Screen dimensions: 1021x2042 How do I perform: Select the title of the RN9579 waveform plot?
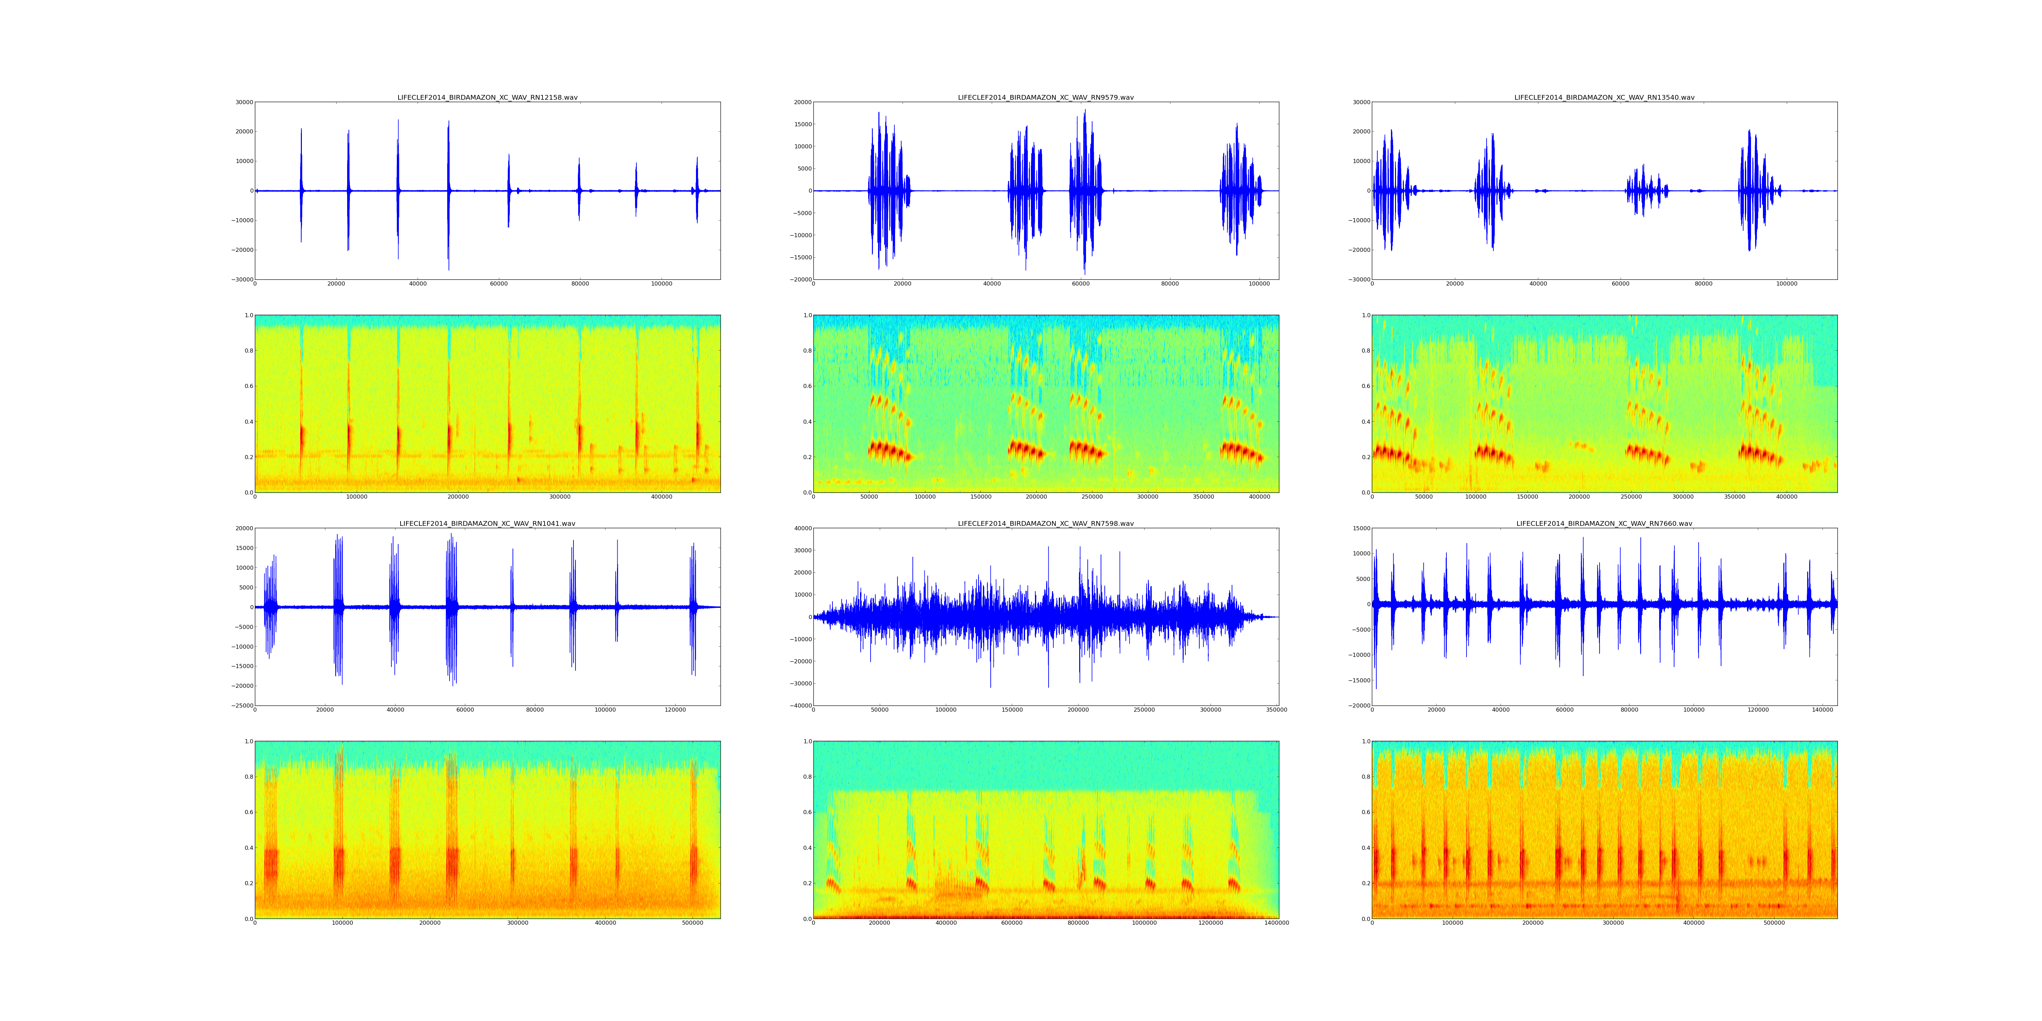click(1046, 97)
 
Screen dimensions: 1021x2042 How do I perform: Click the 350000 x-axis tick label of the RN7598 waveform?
click(1276, 710)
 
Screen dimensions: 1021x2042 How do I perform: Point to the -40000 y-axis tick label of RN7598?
click(799, 706)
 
